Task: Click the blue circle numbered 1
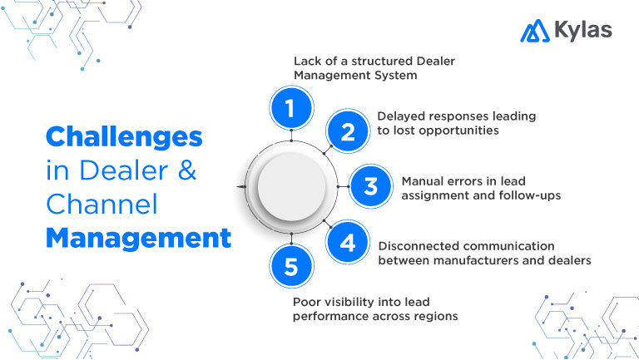tap(291, 108)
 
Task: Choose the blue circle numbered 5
tap(291, 268)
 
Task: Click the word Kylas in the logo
tap(582, 31)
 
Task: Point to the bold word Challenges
tap(123, 138)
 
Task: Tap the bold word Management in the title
tap(137, 239)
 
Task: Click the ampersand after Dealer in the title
tap(187, 172)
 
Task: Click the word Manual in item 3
tap(423, 180)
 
